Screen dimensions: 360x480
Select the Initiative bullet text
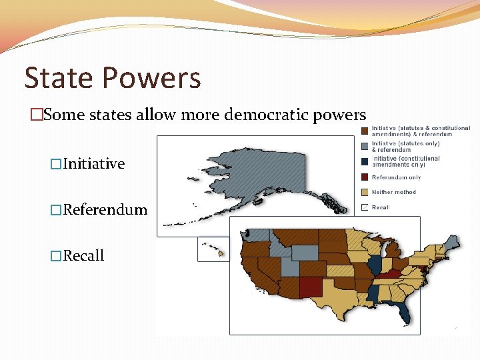point(93,164)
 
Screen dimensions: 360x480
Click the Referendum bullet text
point(105,210)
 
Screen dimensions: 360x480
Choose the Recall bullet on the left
point(83,256)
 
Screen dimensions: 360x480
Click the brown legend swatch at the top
point(365,131)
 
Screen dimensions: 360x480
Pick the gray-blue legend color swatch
point(365,146)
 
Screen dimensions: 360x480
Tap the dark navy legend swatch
point(365,161)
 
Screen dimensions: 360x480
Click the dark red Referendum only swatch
point(365,177)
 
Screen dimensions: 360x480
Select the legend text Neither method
point(393,192)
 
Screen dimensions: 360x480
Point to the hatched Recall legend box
point(365,207)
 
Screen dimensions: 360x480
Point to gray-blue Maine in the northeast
point(453,241)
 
